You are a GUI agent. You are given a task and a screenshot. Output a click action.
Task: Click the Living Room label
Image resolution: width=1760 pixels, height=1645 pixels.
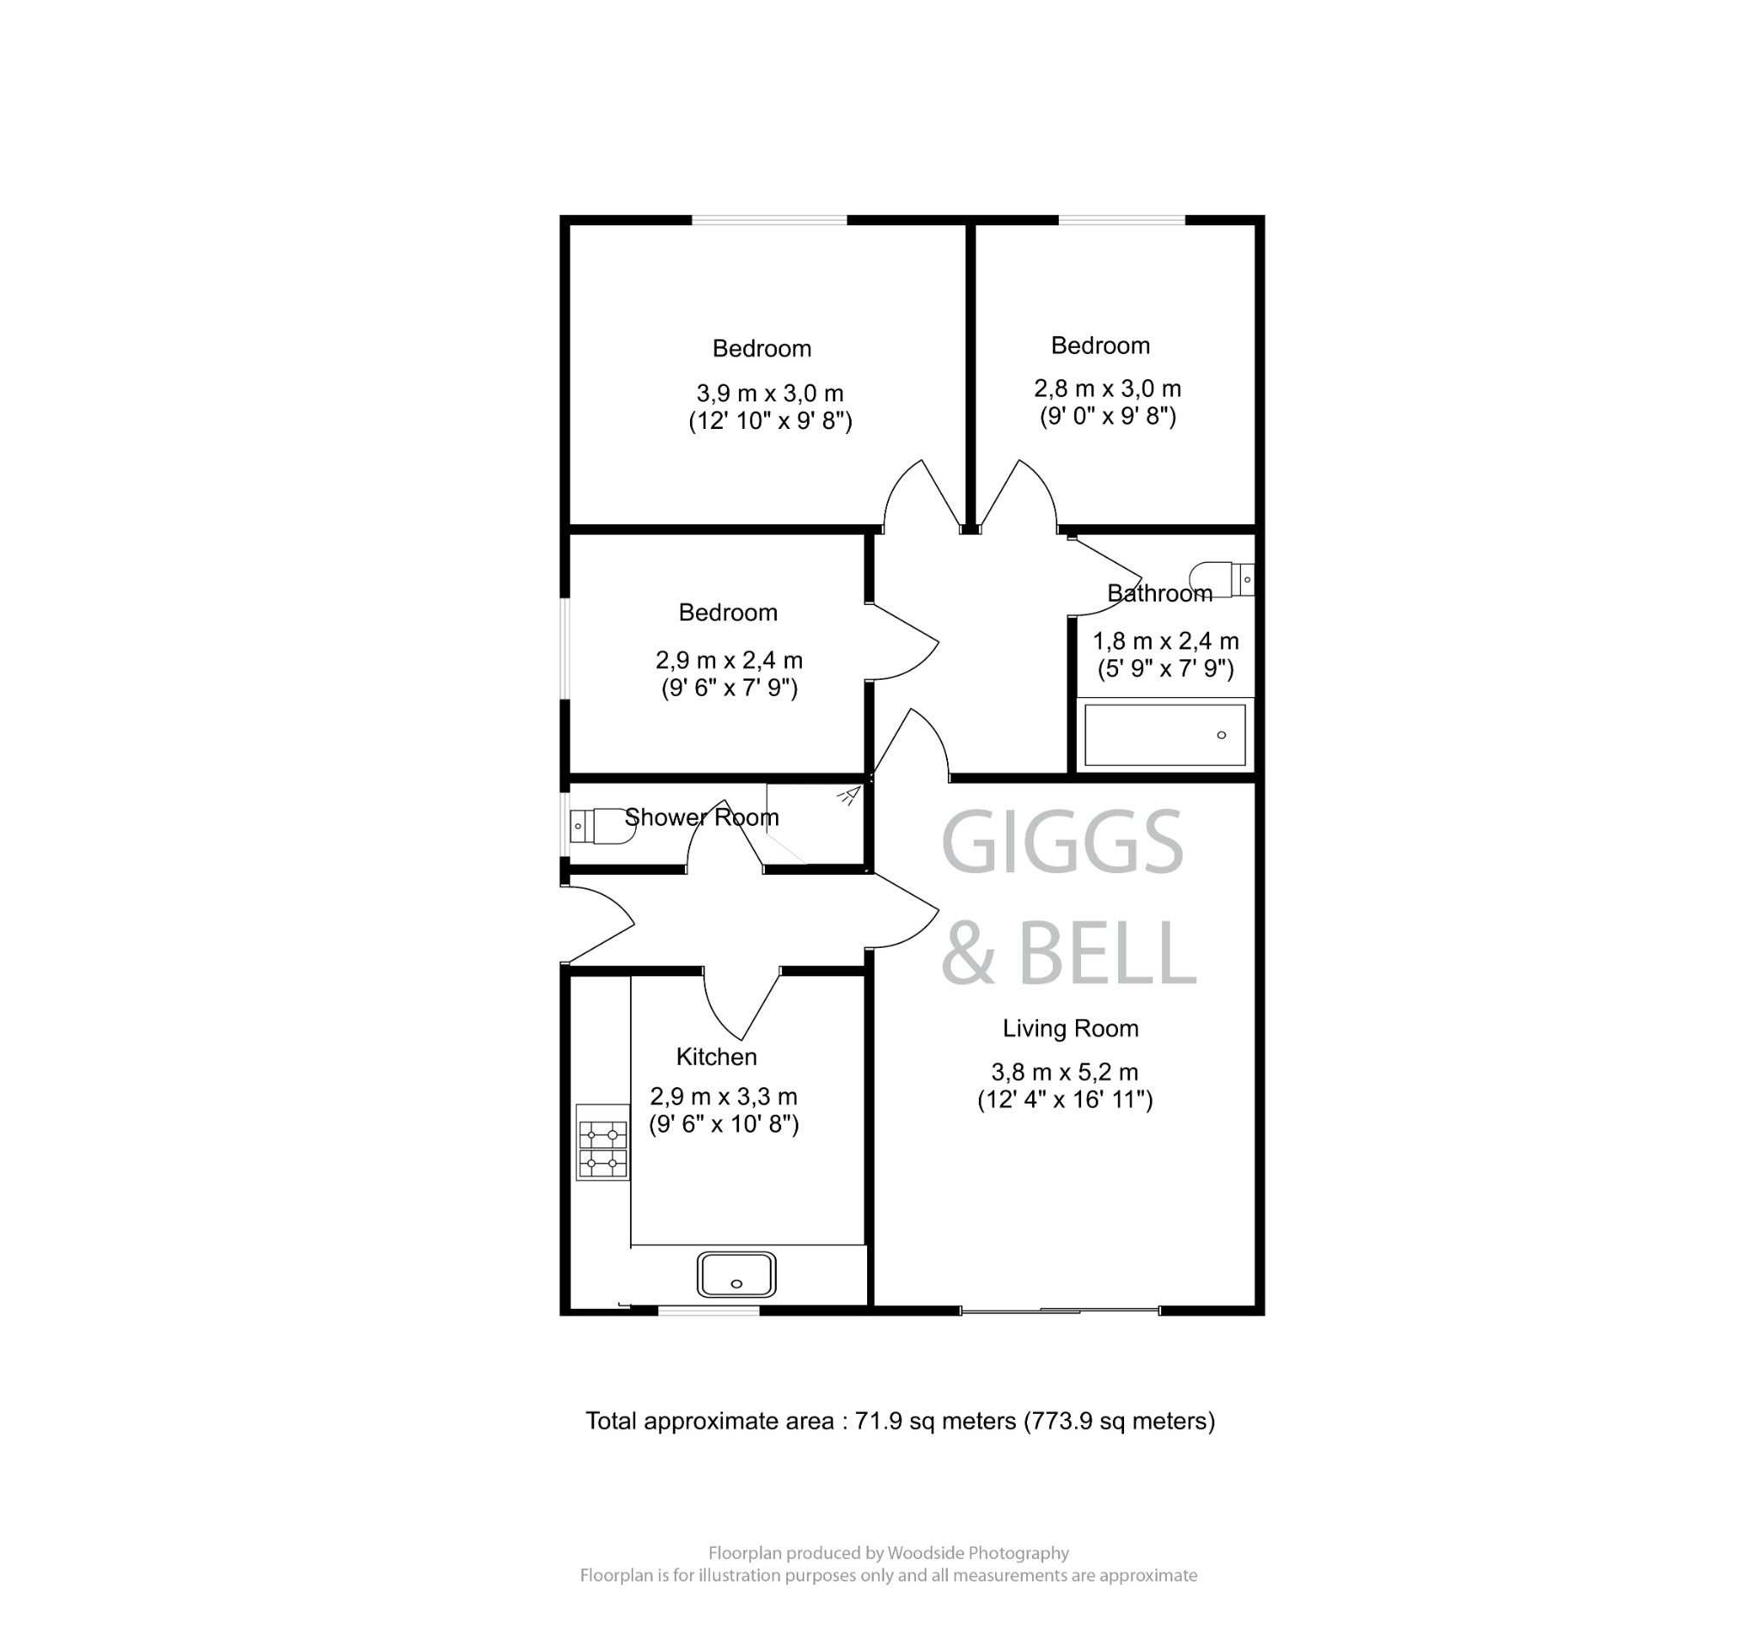coord(1069,1029)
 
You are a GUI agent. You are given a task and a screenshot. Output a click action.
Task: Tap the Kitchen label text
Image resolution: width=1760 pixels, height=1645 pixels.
coord(716,1057)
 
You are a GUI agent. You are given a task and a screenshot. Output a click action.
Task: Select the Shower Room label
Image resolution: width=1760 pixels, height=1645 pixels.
coord(701,817)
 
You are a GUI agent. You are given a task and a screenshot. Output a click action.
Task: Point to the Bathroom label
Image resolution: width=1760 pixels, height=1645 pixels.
coord(1159,593)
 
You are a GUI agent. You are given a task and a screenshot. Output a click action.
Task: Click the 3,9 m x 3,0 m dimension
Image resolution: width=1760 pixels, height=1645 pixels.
coord(769,393)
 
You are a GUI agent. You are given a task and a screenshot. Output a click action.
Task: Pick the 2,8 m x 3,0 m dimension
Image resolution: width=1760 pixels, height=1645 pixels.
coord(1107,388)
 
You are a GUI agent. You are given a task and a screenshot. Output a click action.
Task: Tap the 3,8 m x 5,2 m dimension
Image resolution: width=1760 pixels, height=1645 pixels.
coord(1064,1072)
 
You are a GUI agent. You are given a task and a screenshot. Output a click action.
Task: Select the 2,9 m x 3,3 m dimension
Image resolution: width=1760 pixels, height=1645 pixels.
coord(724,1097)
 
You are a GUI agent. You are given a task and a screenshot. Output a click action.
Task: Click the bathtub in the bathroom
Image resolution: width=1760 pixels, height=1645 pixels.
coord(1164,735)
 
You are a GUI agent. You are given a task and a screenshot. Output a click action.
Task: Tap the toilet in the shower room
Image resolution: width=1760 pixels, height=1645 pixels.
coord(600,826)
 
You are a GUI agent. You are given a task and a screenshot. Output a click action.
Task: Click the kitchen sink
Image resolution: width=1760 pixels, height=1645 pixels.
coord(736,1275)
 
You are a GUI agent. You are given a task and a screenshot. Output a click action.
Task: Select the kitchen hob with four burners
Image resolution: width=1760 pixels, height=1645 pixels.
coord(602,1142)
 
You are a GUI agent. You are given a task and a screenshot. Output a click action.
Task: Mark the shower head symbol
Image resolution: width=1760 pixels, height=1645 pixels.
coord(848,795)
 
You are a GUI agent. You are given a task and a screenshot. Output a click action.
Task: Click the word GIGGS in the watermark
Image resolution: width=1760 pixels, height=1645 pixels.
coord(1061,843)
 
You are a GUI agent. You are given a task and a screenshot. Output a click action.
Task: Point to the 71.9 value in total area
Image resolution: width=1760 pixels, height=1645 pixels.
coord(877,1421)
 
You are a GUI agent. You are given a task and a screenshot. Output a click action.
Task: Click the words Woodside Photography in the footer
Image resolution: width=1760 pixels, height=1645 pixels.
coord(977,1553)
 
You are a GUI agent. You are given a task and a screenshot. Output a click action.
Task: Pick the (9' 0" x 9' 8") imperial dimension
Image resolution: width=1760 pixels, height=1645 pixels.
coord(1107,416)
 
